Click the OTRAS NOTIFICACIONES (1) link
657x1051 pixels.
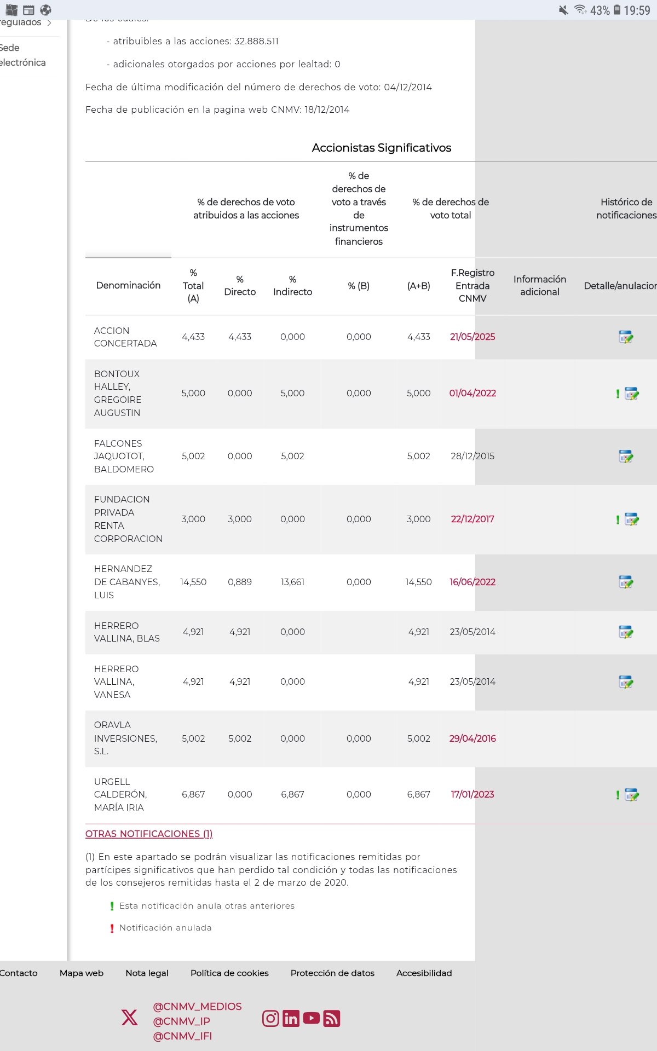(x=149, y=834)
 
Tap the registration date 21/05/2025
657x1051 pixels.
(x=472, y=337)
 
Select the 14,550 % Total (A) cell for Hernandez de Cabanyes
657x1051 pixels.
(x=193, y=582)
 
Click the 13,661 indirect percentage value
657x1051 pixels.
(x=292, y=582)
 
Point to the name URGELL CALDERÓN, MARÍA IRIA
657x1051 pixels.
(x=120, y=794)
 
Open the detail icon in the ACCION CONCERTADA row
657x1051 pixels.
(x=626, y=337)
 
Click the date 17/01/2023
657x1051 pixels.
(x=472, y=794)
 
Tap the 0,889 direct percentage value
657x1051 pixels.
(x=240, y=582)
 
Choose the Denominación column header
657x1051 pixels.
(x=128, y=285)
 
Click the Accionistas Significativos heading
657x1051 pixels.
(x=382, y=148)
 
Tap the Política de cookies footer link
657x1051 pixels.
(x=229, y=973)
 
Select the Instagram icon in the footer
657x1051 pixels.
(x=270, y=1018)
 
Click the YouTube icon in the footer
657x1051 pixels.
(x=312, y=1018)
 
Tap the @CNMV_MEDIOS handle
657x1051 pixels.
(x=197, y=1006)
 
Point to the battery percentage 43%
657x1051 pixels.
(x=600, y=10)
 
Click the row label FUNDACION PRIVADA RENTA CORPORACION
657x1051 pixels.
(x=128, y=519)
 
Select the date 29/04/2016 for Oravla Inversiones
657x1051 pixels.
(x=472, y=738)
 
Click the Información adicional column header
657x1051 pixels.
(x=540, y=285)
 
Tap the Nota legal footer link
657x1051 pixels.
(x=147, y=973)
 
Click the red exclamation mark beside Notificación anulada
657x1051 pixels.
(x=112, y=928)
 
